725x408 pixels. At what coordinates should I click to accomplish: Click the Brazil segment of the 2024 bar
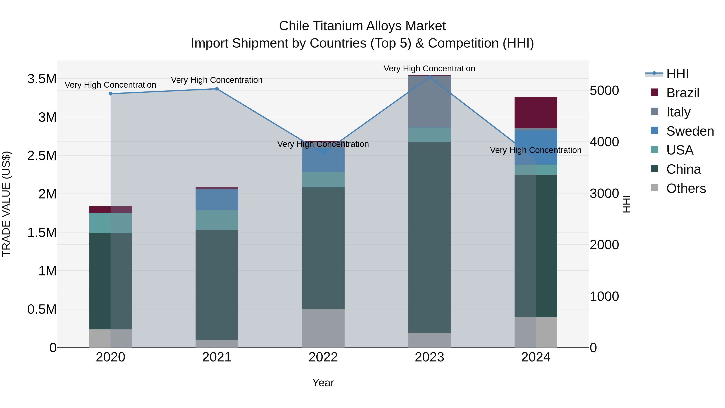535,112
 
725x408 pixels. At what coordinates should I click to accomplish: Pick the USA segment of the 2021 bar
217,220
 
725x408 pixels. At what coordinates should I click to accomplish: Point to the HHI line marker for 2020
111,94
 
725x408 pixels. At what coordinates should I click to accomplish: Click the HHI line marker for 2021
217,89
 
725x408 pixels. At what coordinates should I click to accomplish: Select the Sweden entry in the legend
690,131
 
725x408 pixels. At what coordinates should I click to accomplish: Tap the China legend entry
683,169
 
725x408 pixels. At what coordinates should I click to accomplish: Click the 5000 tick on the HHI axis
604,91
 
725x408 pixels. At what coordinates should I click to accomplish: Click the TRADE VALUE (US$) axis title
6,204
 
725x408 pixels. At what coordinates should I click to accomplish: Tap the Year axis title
323,383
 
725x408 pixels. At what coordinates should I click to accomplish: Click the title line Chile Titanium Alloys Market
362,26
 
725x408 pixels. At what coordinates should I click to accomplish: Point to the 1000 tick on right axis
604,297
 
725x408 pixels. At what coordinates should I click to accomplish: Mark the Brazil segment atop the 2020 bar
111,210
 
